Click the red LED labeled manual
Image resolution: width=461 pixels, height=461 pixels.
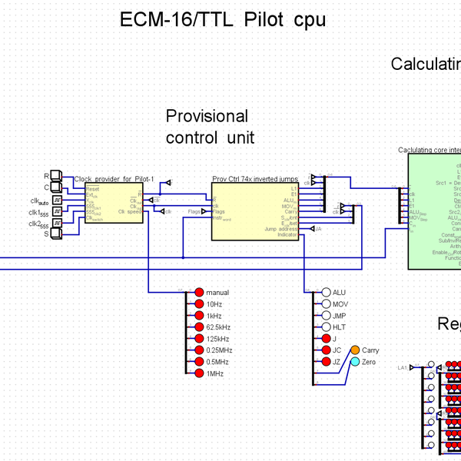199,292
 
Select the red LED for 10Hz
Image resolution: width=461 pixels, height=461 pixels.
199,303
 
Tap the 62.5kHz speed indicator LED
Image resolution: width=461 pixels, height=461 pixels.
199,327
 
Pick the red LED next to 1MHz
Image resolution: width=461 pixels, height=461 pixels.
199,373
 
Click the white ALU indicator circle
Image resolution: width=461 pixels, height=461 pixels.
326,292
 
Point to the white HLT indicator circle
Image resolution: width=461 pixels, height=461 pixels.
326,327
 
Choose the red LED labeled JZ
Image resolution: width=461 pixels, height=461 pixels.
326,361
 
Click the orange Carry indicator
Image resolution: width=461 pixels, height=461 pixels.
355,350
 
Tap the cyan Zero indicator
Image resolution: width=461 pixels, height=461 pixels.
355,361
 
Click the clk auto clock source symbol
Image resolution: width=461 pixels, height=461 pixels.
56,200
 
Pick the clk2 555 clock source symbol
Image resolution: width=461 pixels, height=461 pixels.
56,223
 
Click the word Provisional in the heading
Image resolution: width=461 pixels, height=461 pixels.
207,116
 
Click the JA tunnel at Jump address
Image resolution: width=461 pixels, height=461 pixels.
315,228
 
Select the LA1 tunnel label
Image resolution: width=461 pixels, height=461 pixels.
402,368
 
